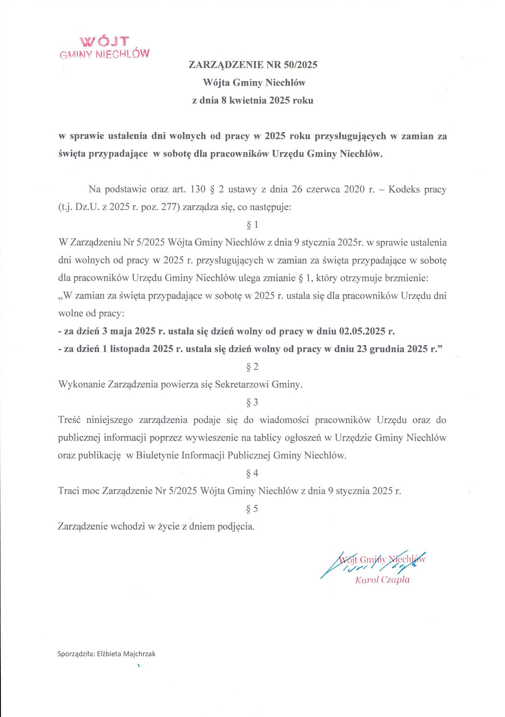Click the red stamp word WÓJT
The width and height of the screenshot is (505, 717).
[x=105, y=41]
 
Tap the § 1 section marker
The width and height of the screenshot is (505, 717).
[x=252, y=225]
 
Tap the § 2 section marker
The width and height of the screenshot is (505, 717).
[x=252, y=367]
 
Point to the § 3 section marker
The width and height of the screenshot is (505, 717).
[x=252, y=402]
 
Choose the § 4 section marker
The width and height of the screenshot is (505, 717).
[x=252, y=473]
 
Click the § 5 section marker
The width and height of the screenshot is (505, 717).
[x=252, y=509]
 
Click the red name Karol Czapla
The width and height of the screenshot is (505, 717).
[x=382, y=580]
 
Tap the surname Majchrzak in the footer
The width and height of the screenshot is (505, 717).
[x=140, y=654]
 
